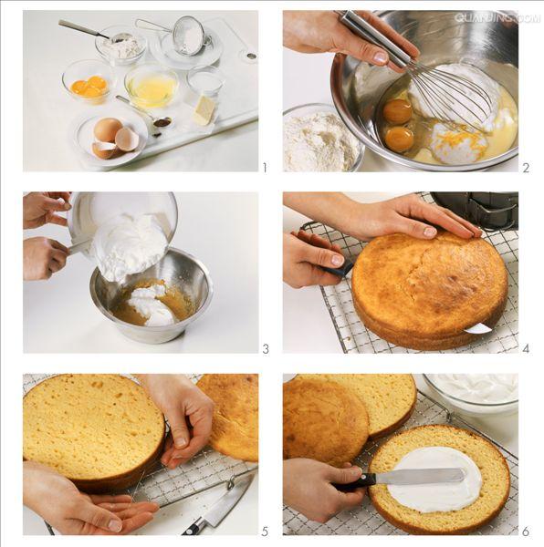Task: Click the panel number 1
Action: coord(265,168)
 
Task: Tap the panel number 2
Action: coord(526,168)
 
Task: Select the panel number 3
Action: coord(266,349)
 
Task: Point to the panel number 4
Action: coord(526,348)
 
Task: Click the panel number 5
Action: coord(265,532)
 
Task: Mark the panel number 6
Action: coord(526,532)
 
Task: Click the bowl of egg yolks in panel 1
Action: coord(89,82)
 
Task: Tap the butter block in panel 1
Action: coord(204,110)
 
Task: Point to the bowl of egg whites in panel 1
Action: coord(152,87)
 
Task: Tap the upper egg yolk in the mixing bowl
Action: coord(398,110)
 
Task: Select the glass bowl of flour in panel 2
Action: coord(320,139)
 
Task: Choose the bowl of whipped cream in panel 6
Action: coord(470,392)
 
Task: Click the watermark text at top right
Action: coord(497,17)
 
